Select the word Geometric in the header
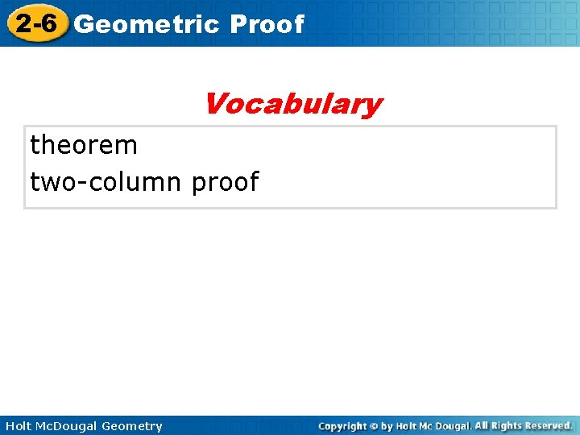pos(146,24)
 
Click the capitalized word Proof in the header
pos(267,24)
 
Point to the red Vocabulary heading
pos(292,104)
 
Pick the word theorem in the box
pos(84,146)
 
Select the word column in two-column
pos(134,182)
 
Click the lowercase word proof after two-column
pos(225,183)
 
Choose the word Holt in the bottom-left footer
pos(18,426)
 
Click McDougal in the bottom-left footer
pos(69,426)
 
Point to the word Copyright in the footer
pos(343,426)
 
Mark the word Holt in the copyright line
pos(408,426)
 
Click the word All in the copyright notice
pos(481,425)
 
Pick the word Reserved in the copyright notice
pos(550,425)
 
